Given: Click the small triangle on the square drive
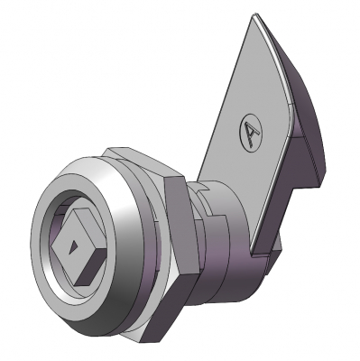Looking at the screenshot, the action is pyautogui.click(x=72, y=247).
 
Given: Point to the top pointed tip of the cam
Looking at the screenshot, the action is pyautogui.click(x=254, y=14).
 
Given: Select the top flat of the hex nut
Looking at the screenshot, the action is pyautogui.click(x=142, y=161).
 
